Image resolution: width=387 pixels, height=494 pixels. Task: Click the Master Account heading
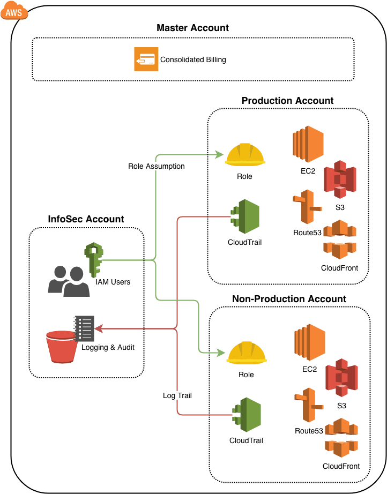click(x=192, y=28)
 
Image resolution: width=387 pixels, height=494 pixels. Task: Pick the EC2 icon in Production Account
click(x=308, y=144)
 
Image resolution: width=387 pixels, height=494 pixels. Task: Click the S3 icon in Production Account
click(x=340, y=179)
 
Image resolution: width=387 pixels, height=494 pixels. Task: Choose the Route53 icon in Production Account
click(x=306, y=207)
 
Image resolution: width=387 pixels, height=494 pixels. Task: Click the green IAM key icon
click(x=94, y=260)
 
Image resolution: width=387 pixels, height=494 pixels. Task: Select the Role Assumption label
click(x=157, y=166)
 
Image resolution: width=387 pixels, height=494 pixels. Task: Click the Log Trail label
click(x=177, y=395)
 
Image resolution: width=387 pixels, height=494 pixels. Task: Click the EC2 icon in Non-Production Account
click(x=309, y=342)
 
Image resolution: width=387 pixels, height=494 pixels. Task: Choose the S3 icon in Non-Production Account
click(x=341, y=378)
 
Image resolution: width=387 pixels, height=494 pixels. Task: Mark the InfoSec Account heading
click(x=86, y=219)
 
